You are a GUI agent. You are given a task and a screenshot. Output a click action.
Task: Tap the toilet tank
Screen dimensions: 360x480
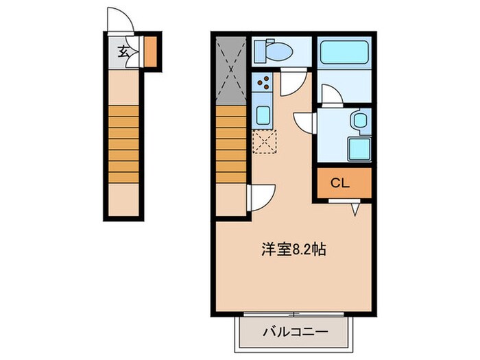pos(260,51)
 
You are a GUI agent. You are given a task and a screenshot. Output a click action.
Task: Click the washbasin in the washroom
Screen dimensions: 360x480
pos(359,121)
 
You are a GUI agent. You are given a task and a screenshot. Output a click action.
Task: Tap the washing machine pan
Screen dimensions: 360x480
pos(359,148)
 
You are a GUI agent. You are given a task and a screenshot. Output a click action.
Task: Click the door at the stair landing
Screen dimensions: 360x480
pos(261,197)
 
